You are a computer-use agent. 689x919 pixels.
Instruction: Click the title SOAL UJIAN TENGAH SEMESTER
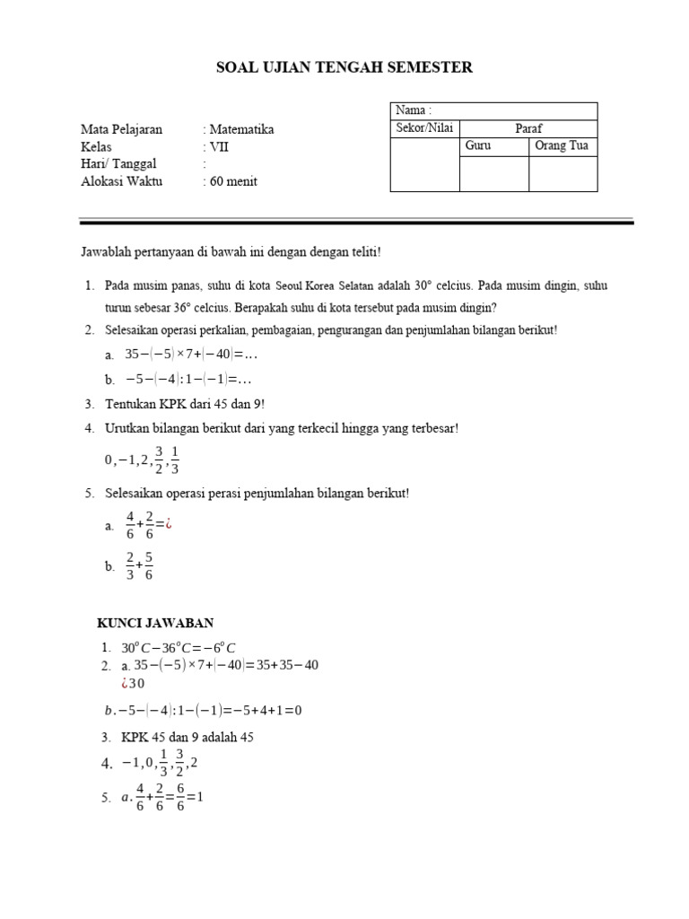(345, 67)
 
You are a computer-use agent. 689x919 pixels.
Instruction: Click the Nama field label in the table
(413, 110)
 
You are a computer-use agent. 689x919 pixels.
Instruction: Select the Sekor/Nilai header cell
(424, 128)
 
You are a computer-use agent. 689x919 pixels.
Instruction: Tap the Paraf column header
(528, 128)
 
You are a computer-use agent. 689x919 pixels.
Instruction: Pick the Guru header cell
(477, 145)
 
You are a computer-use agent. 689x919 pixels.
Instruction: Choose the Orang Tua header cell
(562, 145)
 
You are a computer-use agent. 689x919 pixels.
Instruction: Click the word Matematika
(241, 129)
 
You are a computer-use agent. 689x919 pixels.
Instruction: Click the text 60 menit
(233, 181)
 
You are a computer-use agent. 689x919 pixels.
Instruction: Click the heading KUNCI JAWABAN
(155, 623)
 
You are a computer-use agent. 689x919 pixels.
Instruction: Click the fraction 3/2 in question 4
(159, 459)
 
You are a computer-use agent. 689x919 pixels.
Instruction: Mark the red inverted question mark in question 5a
(166, 525)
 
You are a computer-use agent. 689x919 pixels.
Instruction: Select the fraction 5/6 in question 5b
(148, 565)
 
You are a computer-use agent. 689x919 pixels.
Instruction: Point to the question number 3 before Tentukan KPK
(89, 404)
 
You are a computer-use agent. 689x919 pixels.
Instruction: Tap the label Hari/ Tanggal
(118, 163)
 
